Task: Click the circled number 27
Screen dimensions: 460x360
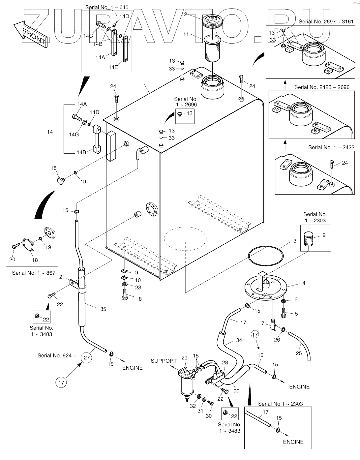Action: coord(86,357)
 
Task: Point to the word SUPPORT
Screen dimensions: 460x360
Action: coord(164,361)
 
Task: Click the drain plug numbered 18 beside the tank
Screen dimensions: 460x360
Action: coord(60,180)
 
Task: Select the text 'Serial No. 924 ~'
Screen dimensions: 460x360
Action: coord(56,355)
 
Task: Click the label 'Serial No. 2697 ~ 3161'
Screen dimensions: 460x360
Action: coord(326,22)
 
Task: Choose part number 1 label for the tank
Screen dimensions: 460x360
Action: coord(144,81)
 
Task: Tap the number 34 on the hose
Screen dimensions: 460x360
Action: coord(239,340)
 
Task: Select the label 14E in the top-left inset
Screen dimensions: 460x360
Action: coord(113,67)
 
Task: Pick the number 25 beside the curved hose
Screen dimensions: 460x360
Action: coord(299,353)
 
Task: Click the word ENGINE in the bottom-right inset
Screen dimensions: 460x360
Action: coord(293,442)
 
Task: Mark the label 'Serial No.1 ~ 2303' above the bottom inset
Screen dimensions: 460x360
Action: coord(280,404)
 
